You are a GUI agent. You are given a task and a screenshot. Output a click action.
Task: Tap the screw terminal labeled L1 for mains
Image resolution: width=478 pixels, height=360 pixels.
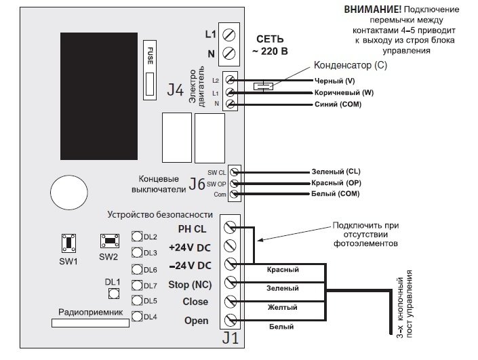229,33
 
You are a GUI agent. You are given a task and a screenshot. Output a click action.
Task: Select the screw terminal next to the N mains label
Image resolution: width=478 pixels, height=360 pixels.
229,53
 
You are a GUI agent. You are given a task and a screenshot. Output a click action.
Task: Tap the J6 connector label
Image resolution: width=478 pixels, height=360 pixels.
197,183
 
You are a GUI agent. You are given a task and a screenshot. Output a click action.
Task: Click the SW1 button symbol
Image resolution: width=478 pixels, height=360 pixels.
69,243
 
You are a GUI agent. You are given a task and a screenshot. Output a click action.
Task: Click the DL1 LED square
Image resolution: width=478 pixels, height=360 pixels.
113,294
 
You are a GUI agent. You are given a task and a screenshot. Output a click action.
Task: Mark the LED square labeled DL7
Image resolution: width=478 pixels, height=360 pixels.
137,285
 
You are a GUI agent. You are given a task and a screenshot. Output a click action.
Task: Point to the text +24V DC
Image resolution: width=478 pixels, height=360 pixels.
191,246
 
